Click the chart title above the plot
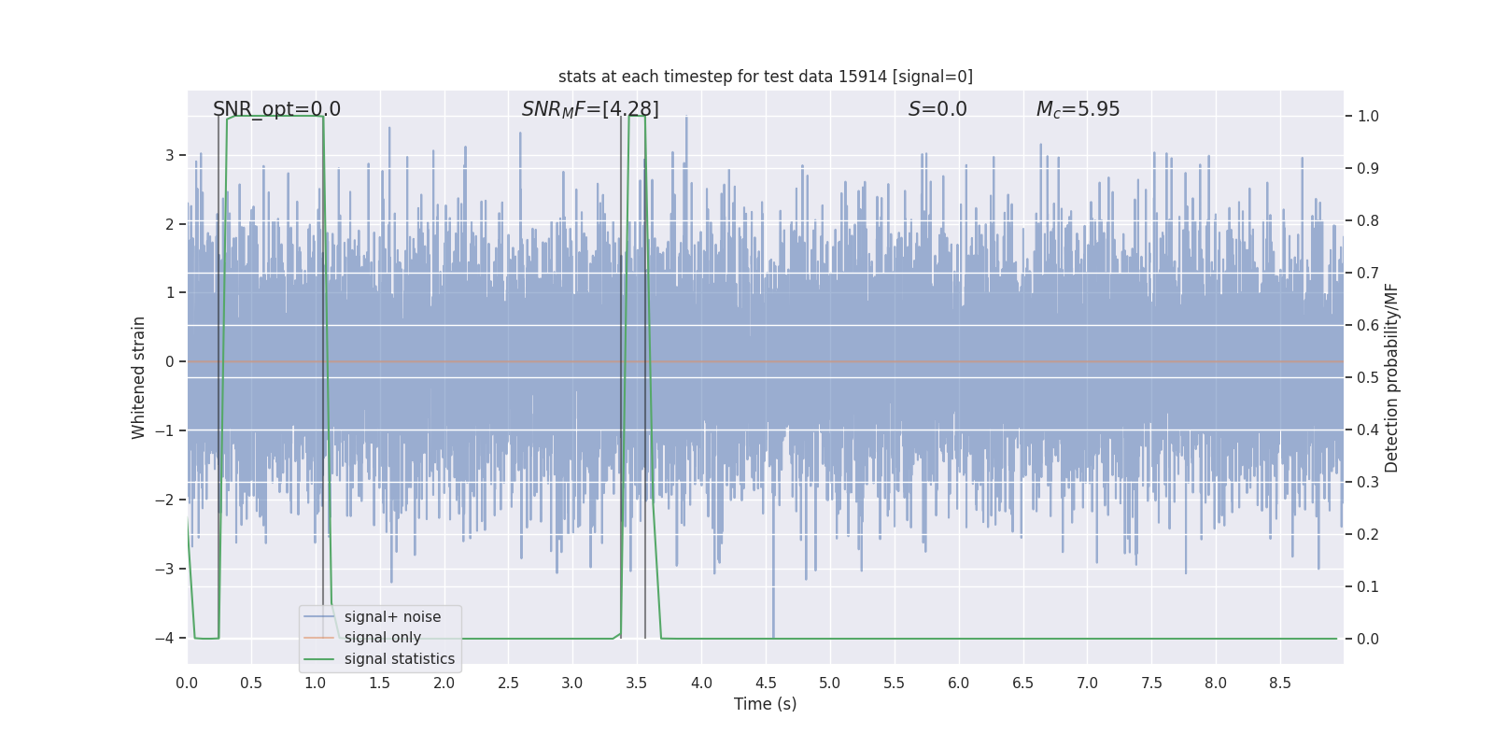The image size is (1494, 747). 765,77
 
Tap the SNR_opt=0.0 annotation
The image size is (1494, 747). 276,109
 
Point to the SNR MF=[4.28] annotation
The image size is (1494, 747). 590,109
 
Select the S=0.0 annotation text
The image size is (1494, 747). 937,109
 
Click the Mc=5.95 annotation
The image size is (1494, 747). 1078,109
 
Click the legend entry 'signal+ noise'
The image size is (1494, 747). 392,617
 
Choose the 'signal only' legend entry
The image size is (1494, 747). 382,638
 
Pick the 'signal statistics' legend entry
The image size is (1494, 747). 399,659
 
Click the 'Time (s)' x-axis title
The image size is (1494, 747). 765,704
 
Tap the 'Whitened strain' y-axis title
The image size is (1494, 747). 139,377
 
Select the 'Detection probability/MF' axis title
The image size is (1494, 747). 1391,377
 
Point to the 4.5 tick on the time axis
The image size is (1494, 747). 766,684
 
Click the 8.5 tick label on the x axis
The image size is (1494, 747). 1280,684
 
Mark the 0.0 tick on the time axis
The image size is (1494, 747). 187,684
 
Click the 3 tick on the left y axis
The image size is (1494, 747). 170,155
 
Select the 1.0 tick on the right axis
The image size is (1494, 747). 1368,117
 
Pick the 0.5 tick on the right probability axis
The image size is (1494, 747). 1368,378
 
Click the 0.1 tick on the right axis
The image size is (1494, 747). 1368,587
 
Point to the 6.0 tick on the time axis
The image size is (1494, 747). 959,684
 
